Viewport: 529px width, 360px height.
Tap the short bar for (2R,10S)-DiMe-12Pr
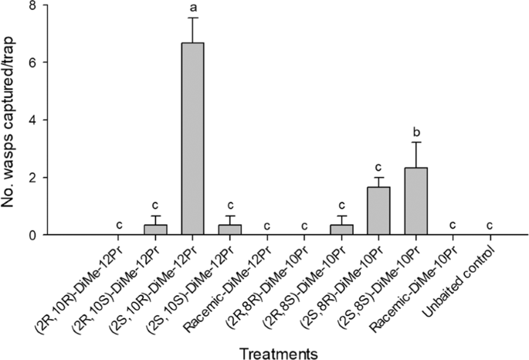coord(155,229)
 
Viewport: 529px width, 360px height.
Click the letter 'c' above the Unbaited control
coord(490,226)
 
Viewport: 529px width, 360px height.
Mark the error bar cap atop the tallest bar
coord(192,18)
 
